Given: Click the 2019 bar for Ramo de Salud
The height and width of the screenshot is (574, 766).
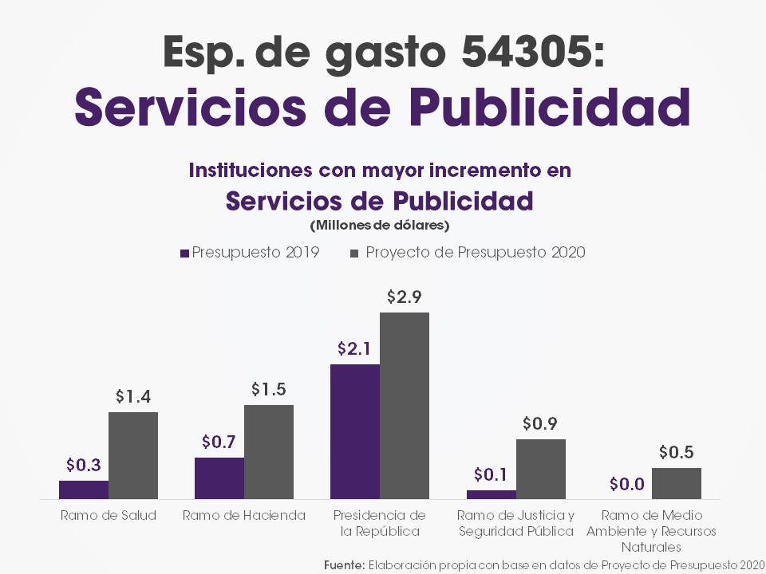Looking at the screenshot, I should point(84,489).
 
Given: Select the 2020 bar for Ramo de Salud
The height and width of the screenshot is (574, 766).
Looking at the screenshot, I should point(133,455).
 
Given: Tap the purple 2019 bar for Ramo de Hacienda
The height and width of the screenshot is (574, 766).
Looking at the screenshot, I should point(219,478).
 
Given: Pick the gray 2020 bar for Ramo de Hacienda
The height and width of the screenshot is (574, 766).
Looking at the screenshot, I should point(269,452).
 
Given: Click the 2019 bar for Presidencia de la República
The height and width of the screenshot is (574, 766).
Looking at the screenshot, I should point(355,431).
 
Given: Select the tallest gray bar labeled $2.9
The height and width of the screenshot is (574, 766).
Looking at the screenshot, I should point(405,406).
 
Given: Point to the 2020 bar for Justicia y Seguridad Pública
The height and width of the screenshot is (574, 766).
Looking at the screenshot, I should point(541,469).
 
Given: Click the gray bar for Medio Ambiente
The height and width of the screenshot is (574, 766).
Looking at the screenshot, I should point(677,483).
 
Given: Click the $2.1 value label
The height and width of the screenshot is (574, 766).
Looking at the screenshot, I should point(353,348).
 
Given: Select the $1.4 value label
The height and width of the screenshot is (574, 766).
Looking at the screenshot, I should point(133,396).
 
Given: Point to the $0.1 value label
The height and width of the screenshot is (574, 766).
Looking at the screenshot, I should point(490,475).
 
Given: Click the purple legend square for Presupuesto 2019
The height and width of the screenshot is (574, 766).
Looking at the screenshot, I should point(185,253).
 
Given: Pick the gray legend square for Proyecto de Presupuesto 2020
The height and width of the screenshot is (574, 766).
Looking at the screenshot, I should point(354,253).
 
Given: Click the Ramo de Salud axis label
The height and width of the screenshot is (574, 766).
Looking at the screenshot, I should point(109,515).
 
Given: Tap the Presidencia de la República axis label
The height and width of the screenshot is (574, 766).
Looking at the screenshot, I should point(380,523).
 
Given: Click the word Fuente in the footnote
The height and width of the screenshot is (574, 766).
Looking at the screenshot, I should point(344,564).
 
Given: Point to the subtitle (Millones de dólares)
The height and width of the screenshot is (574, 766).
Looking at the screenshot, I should point(380,225).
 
